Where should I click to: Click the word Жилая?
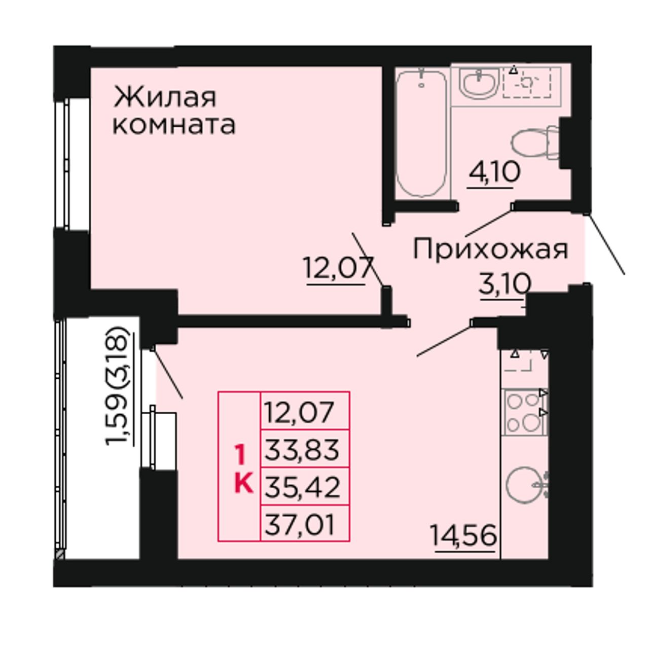(x=165, y=97)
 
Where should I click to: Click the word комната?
(x=174, y=125)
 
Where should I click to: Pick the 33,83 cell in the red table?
(x=302, y=450)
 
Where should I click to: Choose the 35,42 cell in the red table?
(x=302, y=488)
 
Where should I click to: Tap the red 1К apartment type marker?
(x=243, y=468)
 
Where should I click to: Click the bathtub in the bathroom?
(x=421, y=133)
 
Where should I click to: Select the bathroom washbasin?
(x=480, y=84)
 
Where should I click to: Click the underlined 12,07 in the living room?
(x=339, y=267)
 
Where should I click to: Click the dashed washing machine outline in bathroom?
(x=527, y=83)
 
